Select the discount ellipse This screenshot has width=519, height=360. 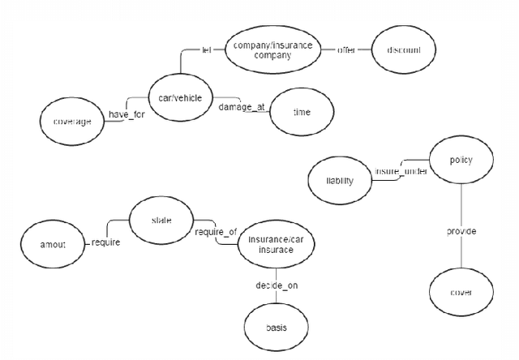(403, 50)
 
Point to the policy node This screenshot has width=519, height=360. (460, 161)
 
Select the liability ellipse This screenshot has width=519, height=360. (341, 181)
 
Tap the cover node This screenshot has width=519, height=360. (460, 292)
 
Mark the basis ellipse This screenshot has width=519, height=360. (276, 328)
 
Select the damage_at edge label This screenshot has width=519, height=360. (242, 107)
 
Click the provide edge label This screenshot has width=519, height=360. (461, 232)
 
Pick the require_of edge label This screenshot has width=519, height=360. (217, 233)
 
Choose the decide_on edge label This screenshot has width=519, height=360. (276, 285)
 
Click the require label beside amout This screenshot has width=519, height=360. (106, 242)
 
